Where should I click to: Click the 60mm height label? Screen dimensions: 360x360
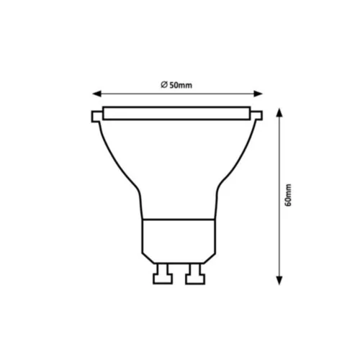point(288,195)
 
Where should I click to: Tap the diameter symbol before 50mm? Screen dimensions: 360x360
point(164,85)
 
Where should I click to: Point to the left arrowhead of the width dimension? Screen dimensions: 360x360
point(96,94)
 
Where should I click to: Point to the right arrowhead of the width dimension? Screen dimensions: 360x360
point(258,94)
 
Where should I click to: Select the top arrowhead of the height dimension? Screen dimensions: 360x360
point(279,112)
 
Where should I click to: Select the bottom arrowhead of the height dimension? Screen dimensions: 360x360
point(279,281)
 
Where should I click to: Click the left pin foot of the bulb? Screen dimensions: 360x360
point(163,279)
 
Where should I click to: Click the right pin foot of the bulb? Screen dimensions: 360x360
point(195,279)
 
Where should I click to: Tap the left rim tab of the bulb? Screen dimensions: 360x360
point(96,117)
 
